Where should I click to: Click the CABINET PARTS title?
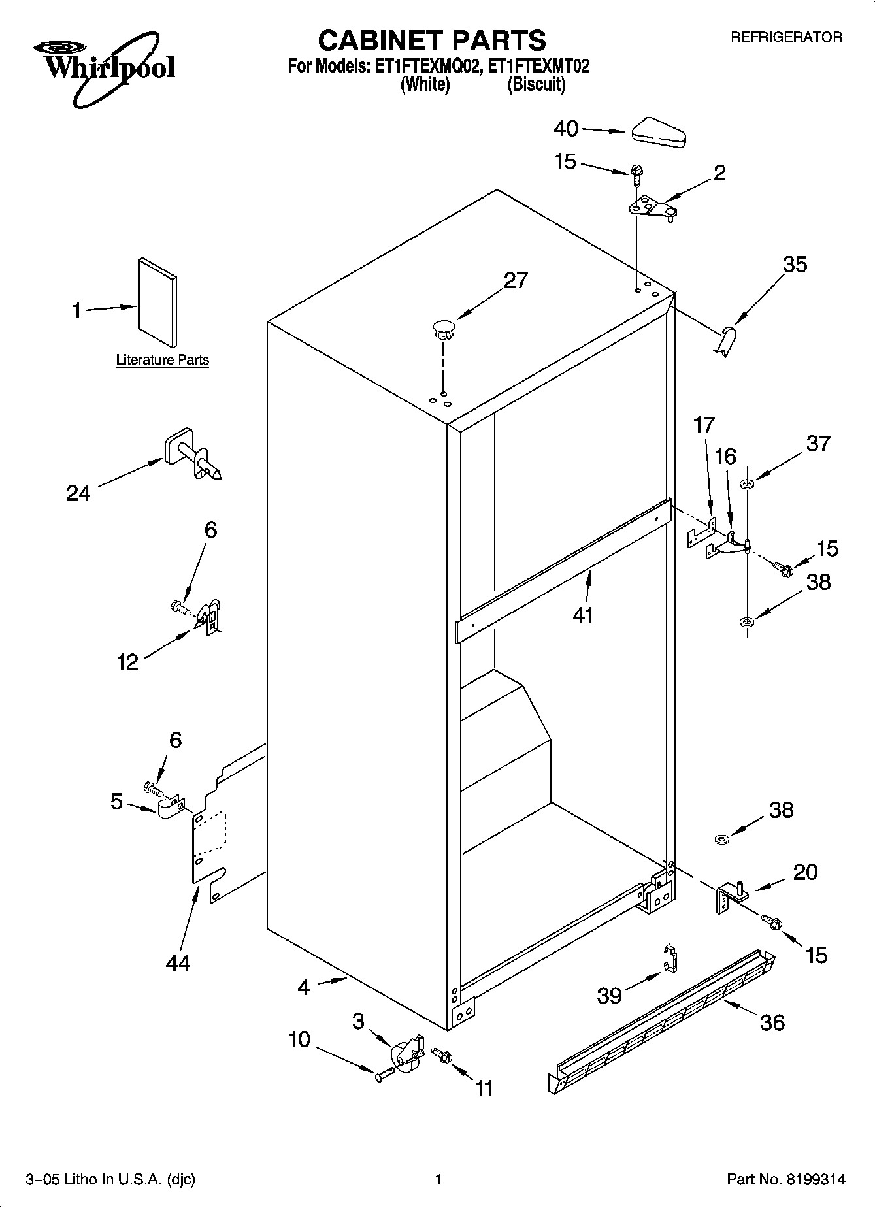point(432,41)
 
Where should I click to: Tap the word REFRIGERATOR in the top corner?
point(785,38)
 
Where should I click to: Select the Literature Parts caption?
point(162,360)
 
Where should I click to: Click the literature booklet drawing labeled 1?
point(157,303)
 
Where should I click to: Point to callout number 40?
point(566,129)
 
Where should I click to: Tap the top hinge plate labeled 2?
point(652,208)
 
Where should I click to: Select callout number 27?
point(515,280)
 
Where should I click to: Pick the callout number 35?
point(795,265)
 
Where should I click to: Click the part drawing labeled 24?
point(191,455)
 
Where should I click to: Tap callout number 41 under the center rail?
point(582,615)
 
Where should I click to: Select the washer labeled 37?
point(746,484)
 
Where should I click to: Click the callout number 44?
point(178,962)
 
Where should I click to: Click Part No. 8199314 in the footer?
point(786,1179)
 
